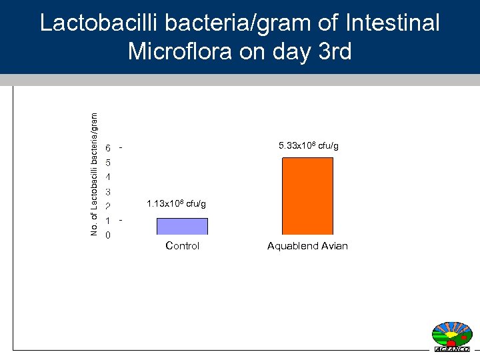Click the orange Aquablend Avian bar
[307, 196]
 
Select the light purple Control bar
[182, 227]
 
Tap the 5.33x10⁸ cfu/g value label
[309, 145]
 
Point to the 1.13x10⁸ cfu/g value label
[177, 203]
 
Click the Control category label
[182, 246]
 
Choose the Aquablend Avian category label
[307, 246]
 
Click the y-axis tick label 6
[108, 148]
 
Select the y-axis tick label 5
[108, 163]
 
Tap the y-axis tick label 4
[108, 177]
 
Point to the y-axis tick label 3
[108, 192]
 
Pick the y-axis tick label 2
[108, 206]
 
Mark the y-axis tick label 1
[108, 221]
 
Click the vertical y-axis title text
[94, 173]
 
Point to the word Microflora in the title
[184, 51]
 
